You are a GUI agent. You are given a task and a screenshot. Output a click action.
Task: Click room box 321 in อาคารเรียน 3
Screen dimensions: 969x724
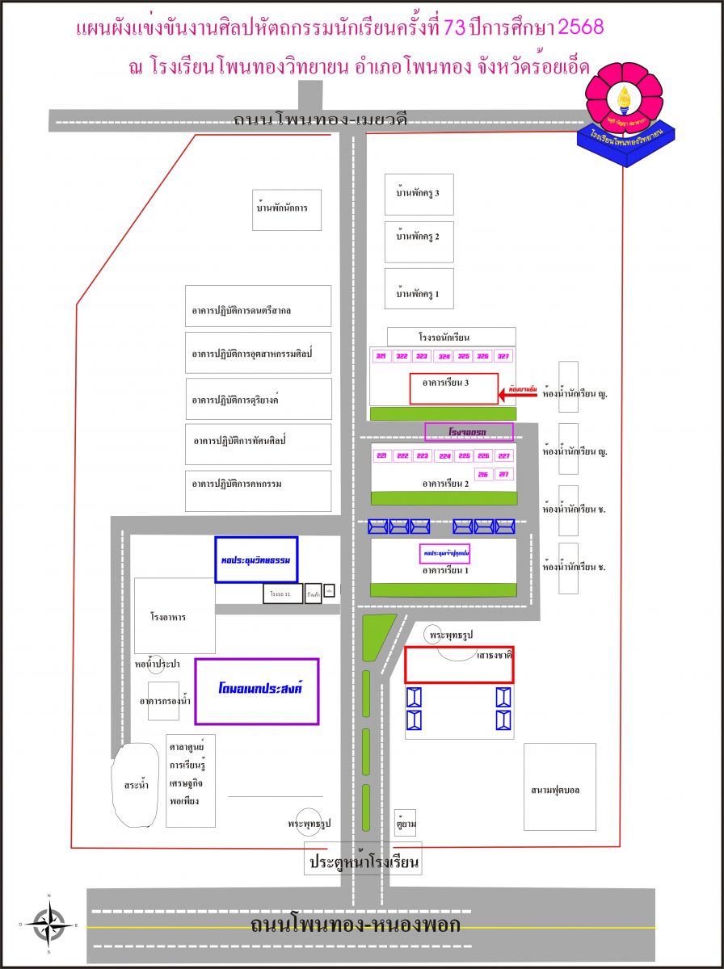[381, 356]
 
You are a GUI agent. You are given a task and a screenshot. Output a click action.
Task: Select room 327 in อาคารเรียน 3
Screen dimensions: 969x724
[503, 356]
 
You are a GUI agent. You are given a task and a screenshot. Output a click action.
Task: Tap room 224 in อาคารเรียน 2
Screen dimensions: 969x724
[444, 456]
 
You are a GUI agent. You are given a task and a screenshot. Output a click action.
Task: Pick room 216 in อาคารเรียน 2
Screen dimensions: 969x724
[483, 474]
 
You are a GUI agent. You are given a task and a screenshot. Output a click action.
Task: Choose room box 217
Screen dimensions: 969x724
[503, 474]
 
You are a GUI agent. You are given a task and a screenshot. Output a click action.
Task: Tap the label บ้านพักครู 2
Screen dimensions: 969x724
[419, 237]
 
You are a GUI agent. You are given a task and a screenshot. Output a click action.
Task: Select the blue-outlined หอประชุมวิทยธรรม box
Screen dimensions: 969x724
[256, 559]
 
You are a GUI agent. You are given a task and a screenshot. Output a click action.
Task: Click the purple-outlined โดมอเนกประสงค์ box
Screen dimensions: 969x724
[257, 691]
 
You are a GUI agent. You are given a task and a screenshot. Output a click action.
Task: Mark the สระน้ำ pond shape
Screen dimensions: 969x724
[134, 785]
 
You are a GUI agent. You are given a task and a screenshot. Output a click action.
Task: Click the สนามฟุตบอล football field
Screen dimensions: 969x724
[559, 787]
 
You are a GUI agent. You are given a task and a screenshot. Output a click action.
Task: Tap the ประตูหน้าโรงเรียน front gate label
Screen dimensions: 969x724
[364, 862]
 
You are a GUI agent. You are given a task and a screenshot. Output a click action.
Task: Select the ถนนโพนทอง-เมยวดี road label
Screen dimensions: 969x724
[320, 120]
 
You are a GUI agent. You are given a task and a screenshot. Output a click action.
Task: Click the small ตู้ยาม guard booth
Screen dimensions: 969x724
[405, 822]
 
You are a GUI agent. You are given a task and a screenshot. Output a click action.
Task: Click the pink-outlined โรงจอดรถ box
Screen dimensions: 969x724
[469, 432]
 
